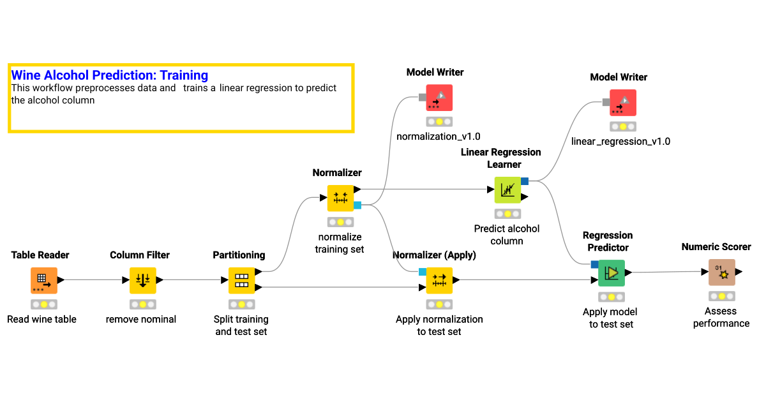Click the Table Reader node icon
[43, 280]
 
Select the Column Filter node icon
[142, 280]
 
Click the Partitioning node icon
[241, 280]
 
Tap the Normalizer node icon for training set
[340, 198]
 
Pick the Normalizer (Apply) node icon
[439, 280]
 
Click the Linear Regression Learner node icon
[507, 190]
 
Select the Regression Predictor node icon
[612, 273]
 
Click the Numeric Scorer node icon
[721, 272]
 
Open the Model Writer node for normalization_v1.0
[439, 98]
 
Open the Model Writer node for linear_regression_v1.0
[622, 102]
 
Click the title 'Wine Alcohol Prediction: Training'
[110, 75]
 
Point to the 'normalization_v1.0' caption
[438, 137]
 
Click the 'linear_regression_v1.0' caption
[620, 141]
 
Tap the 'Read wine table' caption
[41, 319]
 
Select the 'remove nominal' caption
[140, 319]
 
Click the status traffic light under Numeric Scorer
[721, 296]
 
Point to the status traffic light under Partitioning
[241, 304]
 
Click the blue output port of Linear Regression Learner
[525, 181]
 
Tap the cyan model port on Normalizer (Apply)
[423, 272]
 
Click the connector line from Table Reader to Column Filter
[93, 279]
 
